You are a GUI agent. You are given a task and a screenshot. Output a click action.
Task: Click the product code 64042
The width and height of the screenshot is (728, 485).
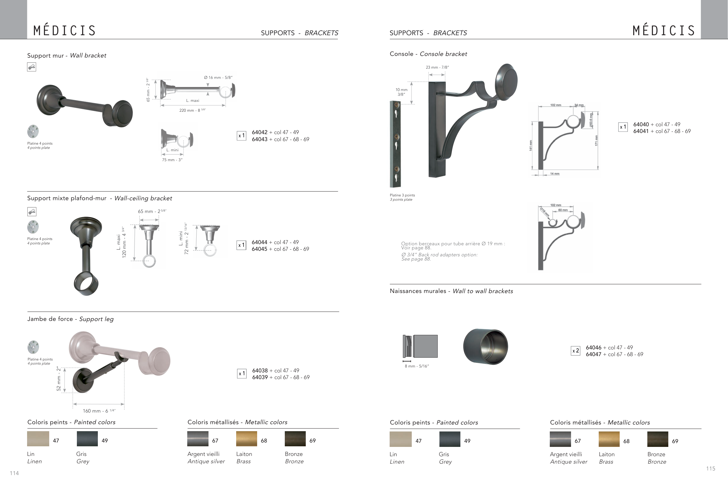coord(259,132)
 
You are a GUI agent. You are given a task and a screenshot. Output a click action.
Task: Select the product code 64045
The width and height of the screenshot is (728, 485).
coord(259,249)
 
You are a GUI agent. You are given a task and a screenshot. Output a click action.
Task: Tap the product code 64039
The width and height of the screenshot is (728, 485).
coord(260,377)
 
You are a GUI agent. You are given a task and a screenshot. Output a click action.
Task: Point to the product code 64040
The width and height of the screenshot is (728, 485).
coord(641,124)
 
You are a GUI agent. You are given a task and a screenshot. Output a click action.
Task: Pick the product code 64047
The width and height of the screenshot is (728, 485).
coord(594,354)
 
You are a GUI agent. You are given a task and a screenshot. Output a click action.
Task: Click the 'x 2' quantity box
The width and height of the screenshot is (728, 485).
coord(576,351)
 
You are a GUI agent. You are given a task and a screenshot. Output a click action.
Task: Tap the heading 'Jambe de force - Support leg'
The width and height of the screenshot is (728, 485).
coord(70,319)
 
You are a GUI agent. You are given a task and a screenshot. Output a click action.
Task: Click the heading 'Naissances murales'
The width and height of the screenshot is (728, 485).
coord(418,291)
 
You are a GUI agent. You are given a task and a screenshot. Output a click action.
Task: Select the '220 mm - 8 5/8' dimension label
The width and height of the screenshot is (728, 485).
coord(192,111)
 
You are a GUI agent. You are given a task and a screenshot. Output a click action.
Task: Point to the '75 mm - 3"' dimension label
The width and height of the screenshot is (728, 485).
coord(172,160)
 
